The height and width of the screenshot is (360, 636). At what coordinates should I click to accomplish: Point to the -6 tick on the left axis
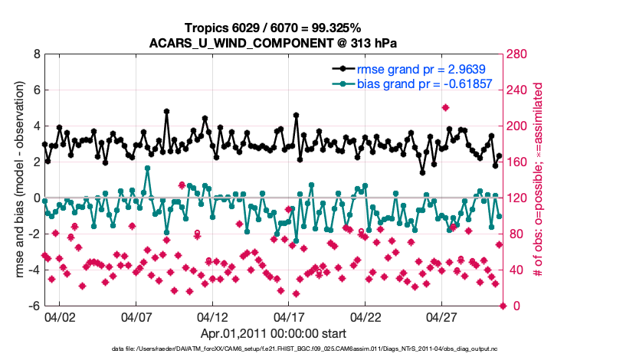pos(33,306)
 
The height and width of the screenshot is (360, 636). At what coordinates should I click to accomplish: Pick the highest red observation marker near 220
pos(445,108)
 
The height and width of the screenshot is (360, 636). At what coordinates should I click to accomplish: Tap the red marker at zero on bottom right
pos(503,306)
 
